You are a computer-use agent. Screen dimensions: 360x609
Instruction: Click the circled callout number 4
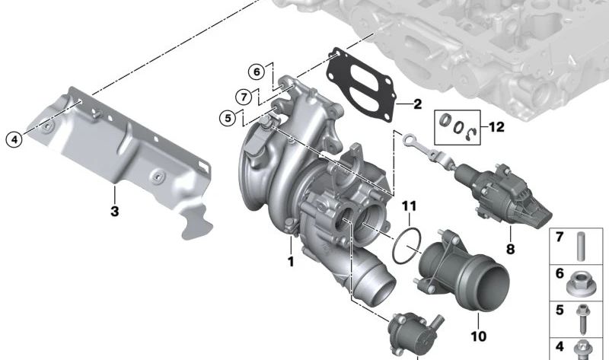(x=13, y=139)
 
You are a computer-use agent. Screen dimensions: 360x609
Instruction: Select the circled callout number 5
(x=227, y=118)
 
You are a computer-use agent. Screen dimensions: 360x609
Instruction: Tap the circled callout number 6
(x=257, y=72)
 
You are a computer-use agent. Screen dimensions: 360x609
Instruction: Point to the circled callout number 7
(x=243, y=97)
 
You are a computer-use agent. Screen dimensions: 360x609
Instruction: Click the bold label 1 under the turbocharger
(x=290, y=262)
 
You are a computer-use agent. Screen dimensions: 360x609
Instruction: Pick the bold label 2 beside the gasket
(x=417, y=103)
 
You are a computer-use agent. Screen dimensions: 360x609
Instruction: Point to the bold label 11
(x=410, y=205)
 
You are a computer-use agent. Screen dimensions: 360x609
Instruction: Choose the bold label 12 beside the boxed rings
(x=496, y=127)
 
